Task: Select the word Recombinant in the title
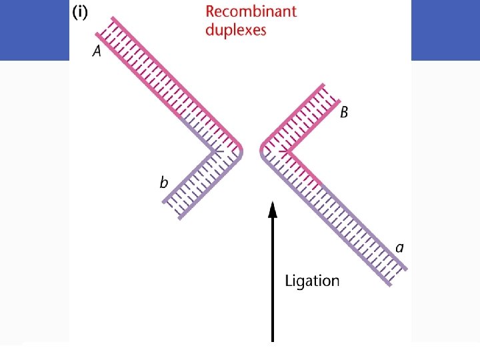pyautogui.click(x=251, y=11)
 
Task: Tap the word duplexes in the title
pyautogui.click(x=235, y=30)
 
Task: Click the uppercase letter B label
pyautogui.click(x=343, y=113)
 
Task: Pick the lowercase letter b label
pyautogui.click(x=163, y=182)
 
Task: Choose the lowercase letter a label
pyautogui.click(x=399, y=247)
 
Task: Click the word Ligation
pyautogui.click(x=312, y=281)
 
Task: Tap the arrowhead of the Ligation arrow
pyautogui.click(x=272, y=209)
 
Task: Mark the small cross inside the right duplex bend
pyautogui.click(x=285, y=153)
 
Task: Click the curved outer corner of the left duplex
pyautogui.click(x=240, y=153)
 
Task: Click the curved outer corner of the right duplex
pyautogui.click(x=261, y=153)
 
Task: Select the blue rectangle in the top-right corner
pyautogui.click(x=445, y=30)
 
